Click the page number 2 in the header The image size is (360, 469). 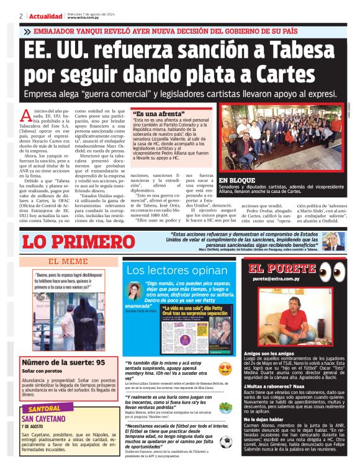click(21, 16)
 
